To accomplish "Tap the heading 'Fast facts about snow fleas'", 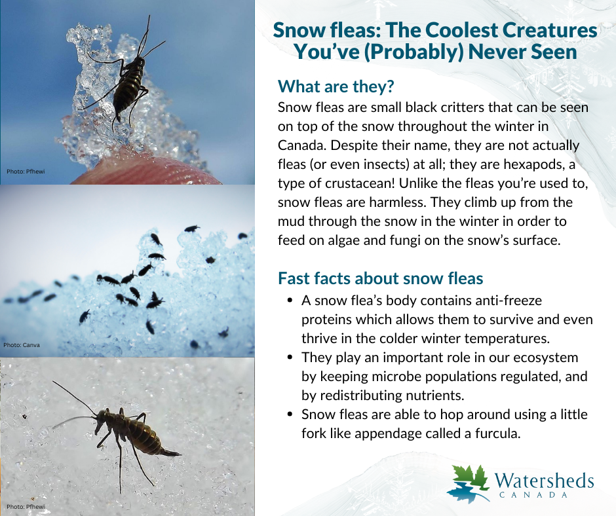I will tap(380, 278).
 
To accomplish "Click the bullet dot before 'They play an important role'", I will tap(290, 358).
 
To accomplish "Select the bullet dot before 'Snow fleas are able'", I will tap(290, 415).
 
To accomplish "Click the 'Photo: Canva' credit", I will tap(22, 344).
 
